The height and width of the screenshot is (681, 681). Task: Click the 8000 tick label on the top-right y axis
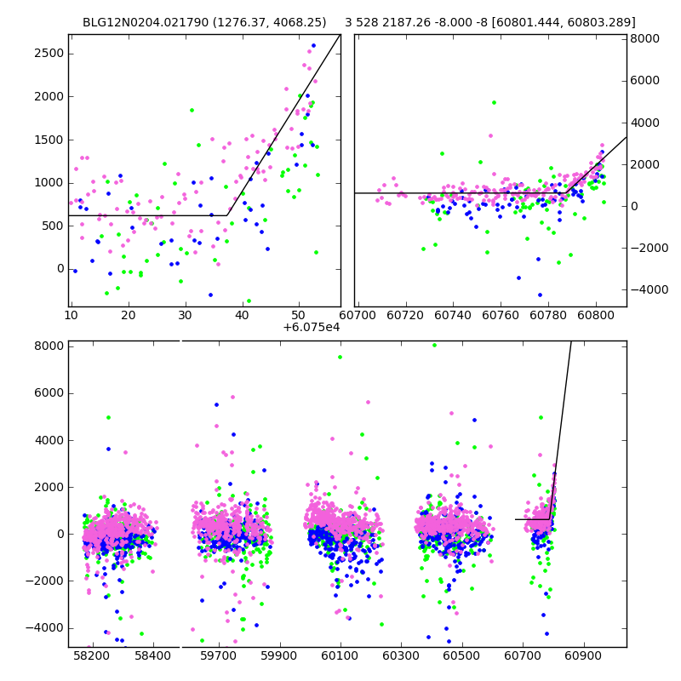(x=644, y=39)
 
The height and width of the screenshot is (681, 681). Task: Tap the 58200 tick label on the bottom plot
(x=91, y=656)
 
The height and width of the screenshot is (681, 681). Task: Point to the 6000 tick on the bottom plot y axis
(x=49, y=393)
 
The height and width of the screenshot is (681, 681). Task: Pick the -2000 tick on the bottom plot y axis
(x=46, y=581)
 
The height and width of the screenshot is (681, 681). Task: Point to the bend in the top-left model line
(x=227, y=215)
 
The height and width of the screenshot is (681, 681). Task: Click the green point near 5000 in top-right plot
(x=494, y=102)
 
